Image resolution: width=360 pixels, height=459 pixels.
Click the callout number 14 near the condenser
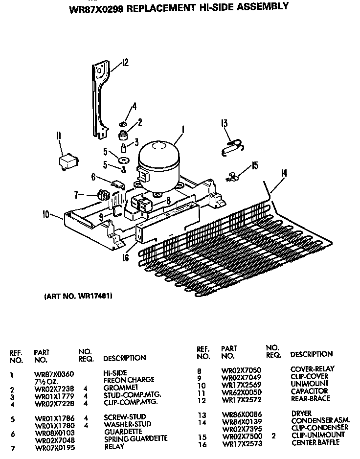point(284,173)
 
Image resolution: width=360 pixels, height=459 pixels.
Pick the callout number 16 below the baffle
point(126,256)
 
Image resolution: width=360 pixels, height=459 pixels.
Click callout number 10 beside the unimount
point(46,214)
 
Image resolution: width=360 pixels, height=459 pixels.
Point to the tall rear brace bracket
point(100,98)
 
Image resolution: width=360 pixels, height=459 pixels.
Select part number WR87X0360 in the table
point(54,374)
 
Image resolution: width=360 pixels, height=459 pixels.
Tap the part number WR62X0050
point(242,392)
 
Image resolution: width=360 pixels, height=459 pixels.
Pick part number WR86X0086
point(242,414)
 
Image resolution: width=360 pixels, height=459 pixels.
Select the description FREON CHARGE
point(129,380)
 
